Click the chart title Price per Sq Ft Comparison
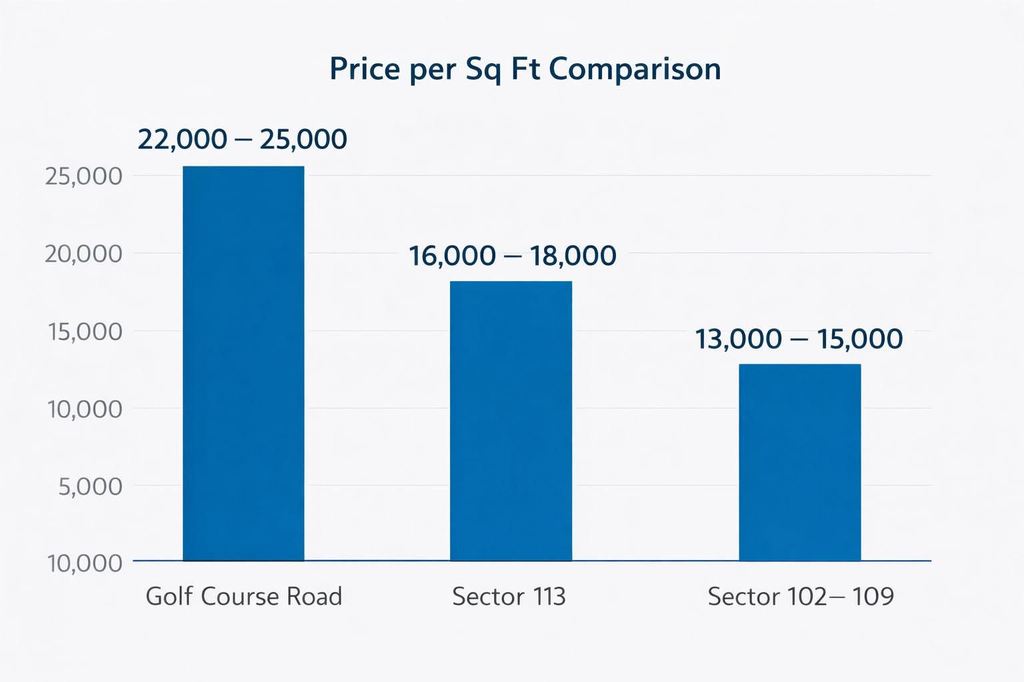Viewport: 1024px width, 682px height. pos(525,69)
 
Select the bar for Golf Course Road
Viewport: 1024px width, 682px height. pos(243,363)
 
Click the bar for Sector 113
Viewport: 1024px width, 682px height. pos(511,421)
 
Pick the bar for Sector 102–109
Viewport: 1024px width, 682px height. pos(799,462)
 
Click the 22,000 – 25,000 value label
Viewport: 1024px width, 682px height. pos(242,139)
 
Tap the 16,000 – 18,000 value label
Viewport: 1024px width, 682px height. pos(512,256)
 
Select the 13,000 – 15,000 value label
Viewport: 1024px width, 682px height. pos(799,339)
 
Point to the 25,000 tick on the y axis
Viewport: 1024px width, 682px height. pos(84,176)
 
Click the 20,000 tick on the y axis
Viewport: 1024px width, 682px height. pos(84,254)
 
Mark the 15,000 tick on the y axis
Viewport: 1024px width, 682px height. pos(85,331)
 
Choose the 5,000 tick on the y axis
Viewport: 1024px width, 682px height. pos(91,486)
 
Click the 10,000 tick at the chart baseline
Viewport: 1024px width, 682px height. pos(85,563)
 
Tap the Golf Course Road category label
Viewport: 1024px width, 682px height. pos(243,596)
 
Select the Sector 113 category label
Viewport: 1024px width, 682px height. pos(509,596)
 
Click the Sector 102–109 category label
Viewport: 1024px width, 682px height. pos(800,596)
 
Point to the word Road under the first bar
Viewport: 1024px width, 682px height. pos(314,596)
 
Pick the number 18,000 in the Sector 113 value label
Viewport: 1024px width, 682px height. pos(573,256)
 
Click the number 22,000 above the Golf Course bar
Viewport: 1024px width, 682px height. pos(182,139)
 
